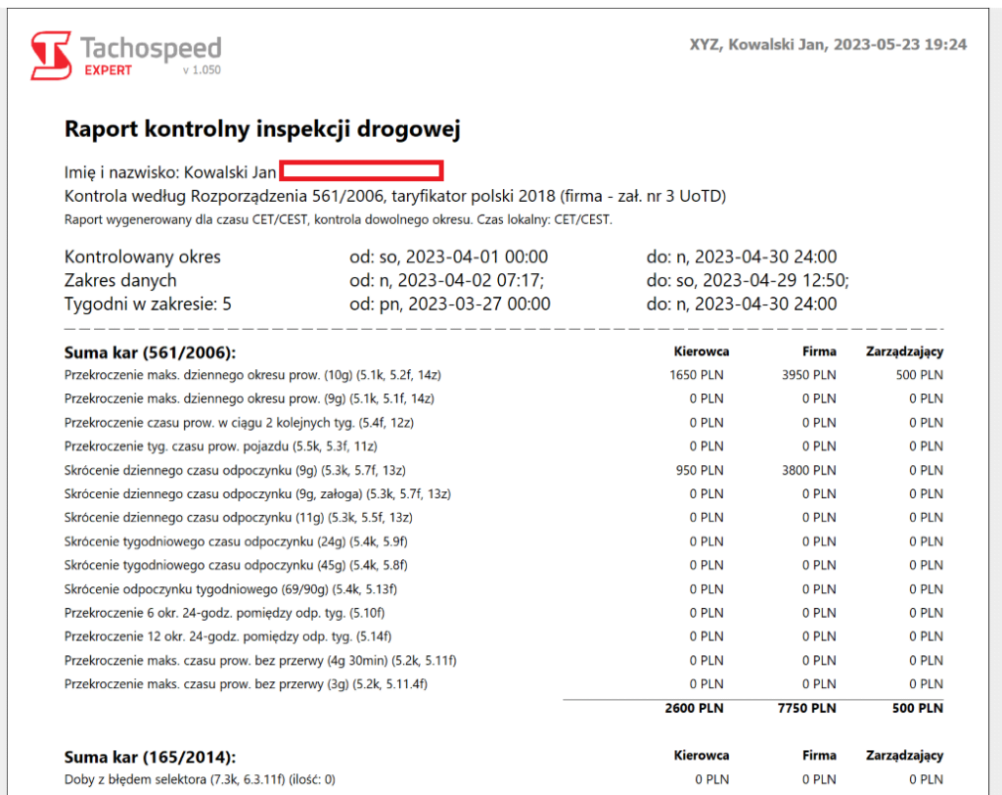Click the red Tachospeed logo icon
tap(51, 54)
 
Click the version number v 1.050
tap(202, 71)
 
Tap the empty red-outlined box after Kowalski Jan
tap(363, 172)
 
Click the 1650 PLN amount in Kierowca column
tap(696, 374)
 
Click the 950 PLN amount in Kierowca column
tap(700, 470)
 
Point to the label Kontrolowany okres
tap(143, 257)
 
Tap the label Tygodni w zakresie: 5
tap(148, 304)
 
